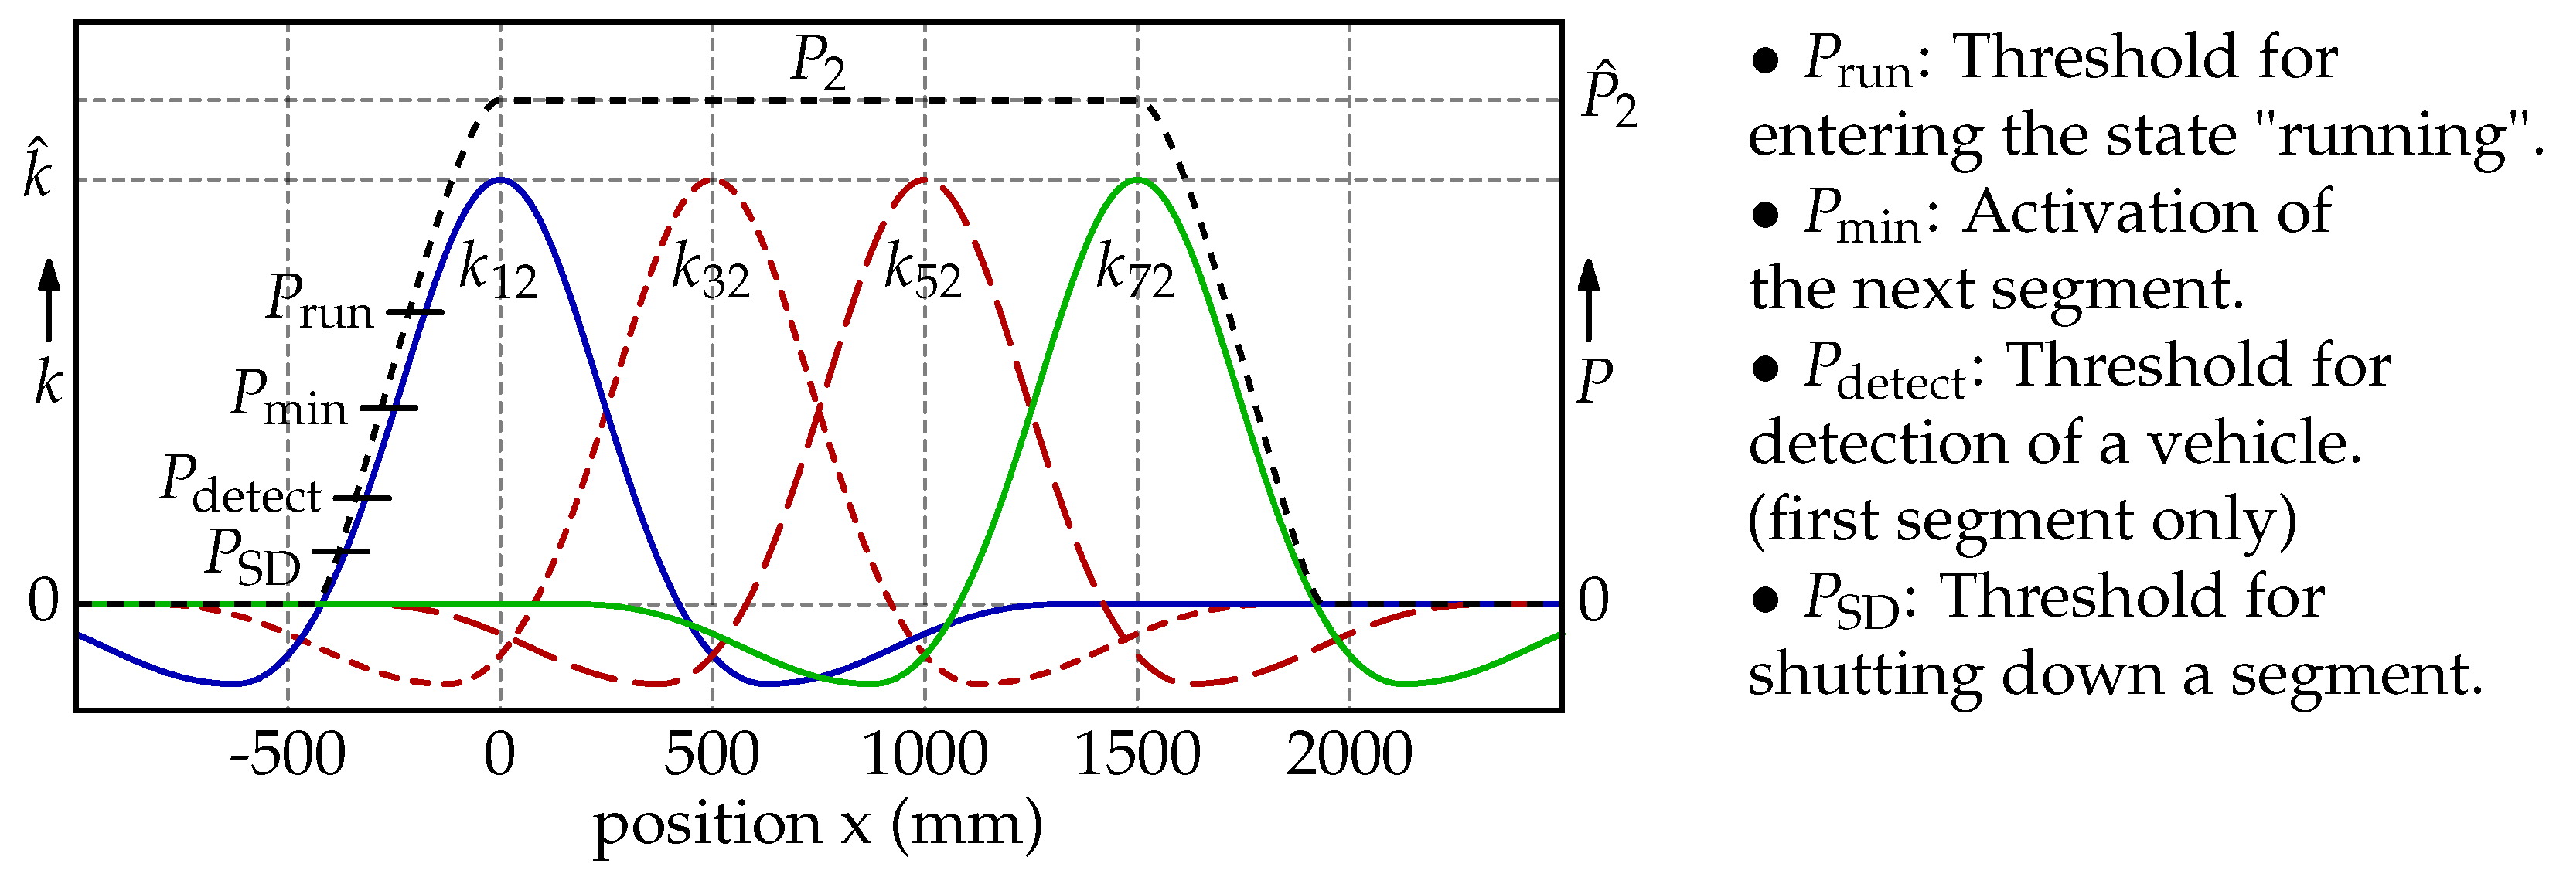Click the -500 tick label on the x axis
point(287,756)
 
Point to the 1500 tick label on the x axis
point(1137,756)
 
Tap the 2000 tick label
point(1349,756)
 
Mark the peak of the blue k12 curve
point(500,179)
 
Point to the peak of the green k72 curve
point(1138,179)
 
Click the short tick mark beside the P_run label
point(414,312)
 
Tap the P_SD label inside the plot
point(253,556)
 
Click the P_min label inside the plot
point(288,397)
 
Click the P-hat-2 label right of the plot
point(1608,97)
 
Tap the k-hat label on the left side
point(38,171)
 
